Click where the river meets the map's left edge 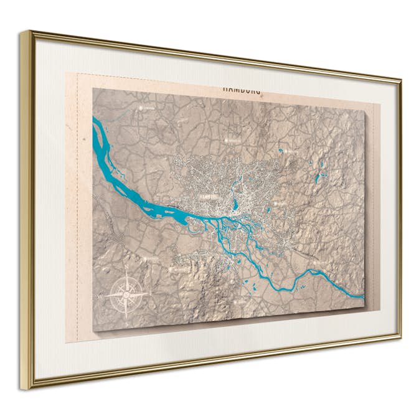click(93, 125)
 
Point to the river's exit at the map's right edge click(364, 296)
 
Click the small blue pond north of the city click(281, 151)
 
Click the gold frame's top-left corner click(23, 32)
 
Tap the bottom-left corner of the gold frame click(25, 387)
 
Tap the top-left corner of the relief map click(93, 89)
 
